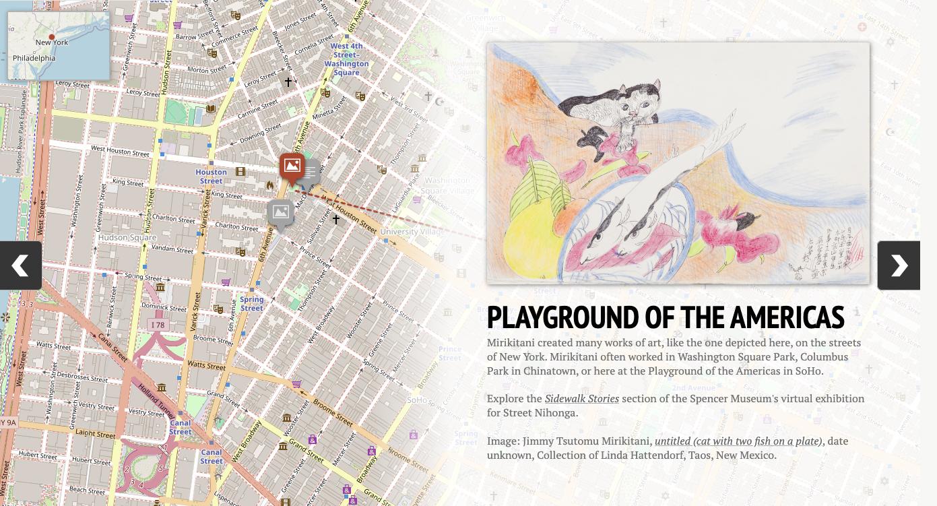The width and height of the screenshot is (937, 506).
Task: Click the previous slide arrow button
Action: coord(20,265)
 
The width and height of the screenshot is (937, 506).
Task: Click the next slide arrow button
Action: coord(899,265)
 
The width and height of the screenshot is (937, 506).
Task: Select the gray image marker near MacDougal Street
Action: coord(280,213)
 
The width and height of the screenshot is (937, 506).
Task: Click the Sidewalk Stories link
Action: coord(581,399)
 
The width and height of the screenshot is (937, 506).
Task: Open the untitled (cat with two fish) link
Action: coord(738,441)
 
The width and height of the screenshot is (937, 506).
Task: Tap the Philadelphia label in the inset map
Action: coord(34,58)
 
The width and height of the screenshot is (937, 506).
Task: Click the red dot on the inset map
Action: coord(52,37)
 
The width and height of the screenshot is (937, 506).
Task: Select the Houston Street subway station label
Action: coord(211,177)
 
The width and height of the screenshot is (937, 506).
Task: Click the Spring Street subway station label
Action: coord(251,304)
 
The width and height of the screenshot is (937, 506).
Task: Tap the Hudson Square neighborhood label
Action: coord(127,238)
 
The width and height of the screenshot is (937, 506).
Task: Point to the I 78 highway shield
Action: coord(158,325)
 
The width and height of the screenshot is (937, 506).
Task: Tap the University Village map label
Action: coord(410,232)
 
